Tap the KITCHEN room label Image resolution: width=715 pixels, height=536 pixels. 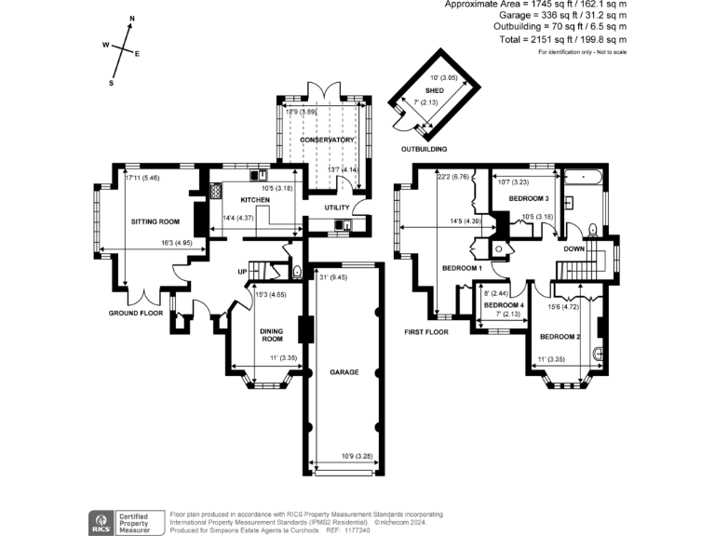point(255,200)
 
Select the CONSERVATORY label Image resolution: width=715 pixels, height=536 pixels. point(320,140)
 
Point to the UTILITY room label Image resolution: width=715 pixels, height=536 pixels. point(336,207)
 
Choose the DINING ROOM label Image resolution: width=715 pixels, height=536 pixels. point(272,333)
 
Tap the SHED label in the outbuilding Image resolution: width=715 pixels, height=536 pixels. point(434,90)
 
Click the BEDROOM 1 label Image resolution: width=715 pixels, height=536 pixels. point(462,268)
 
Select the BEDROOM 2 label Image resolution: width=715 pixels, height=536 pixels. point(560,336)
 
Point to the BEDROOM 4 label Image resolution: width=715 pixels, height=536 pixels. point(503,305)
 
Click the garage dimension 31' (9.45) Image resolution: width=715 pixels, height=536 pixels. point(333,276)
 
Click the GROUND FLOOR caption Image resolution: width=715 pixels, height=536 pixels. point(136,314)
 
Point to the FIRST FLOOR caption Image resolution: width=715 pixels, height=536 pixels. point(426,331)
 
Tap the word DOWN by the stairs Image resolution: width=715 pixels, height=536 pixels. point(573,249)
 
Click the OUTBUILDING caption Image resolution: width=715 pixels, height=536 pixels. point(424,149)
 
